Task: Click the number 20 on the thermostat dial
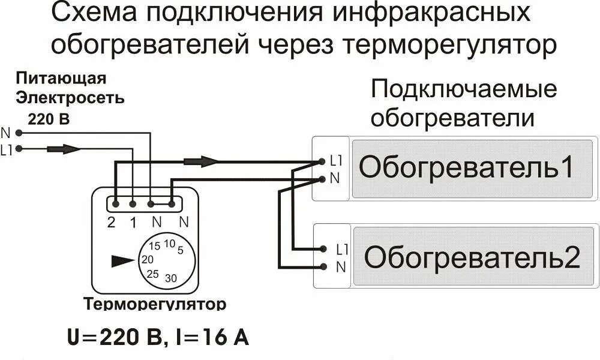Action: click(x=147, y=260)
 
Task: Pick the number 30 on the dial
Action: click(x=171, y=278)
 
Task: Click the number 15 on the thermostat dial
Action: click(x=154, y=246)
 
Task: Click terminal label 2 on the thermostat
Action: click(x=111, y=222)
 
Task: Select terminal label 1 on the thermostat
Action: click(x=133, y=222)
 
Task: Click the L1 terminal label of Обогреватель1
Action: click(x=335, y=161)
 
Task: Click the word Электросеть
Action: click(x=70, y=97)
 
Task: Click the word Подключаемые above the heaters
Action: click(x=464, y=90)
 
